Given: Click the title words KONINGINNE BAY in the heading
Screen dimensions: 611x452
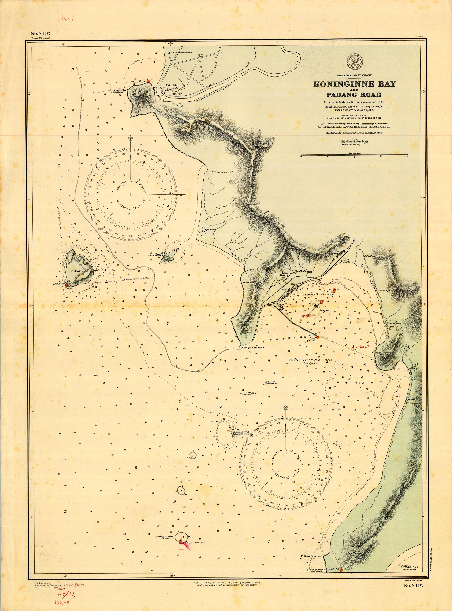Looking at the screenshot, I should [355, 84].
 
